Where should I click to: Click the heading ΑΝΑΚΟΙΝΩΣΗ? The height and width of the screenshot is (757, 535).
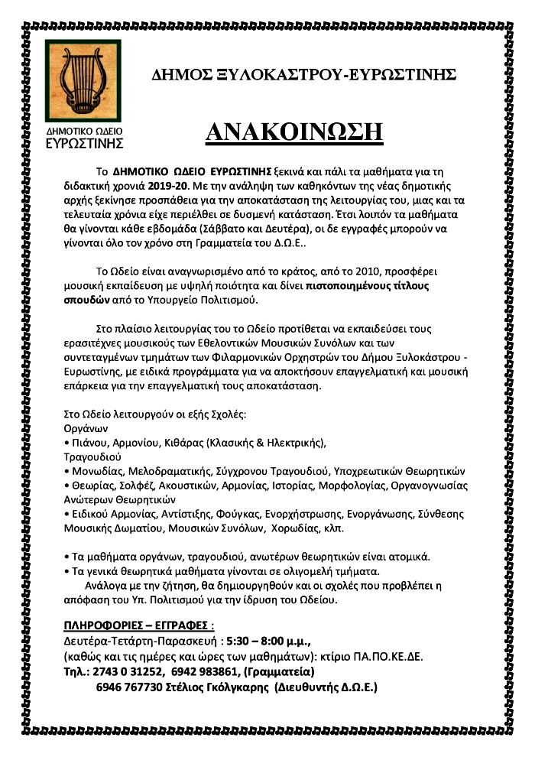(294, 132)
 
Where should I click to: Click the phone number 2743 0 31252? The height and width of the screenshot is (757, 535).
(126, 671)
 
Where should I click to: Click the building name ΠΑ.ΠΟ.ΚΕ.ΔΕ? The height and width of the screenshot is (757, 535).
(381, 657)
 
